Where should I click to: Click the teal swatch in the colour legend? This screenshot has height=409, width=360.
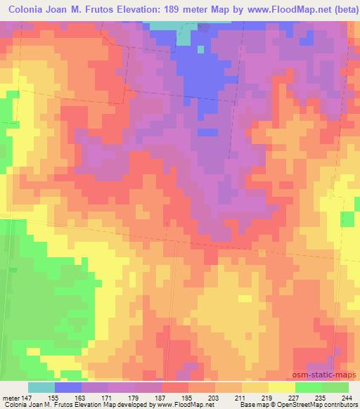41,387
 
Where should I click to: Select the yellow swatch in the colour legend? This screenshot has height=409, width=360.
281,387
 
